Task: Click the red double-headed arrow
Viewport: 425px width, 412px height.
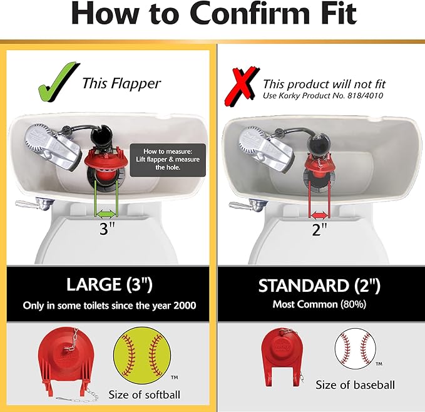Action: coord(320,213)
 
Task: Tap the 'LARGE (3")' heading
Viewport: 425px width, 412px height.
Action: coord(109,285)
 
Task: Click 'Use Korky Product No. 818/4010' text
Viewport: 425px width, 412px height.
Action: coord(322,95)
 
